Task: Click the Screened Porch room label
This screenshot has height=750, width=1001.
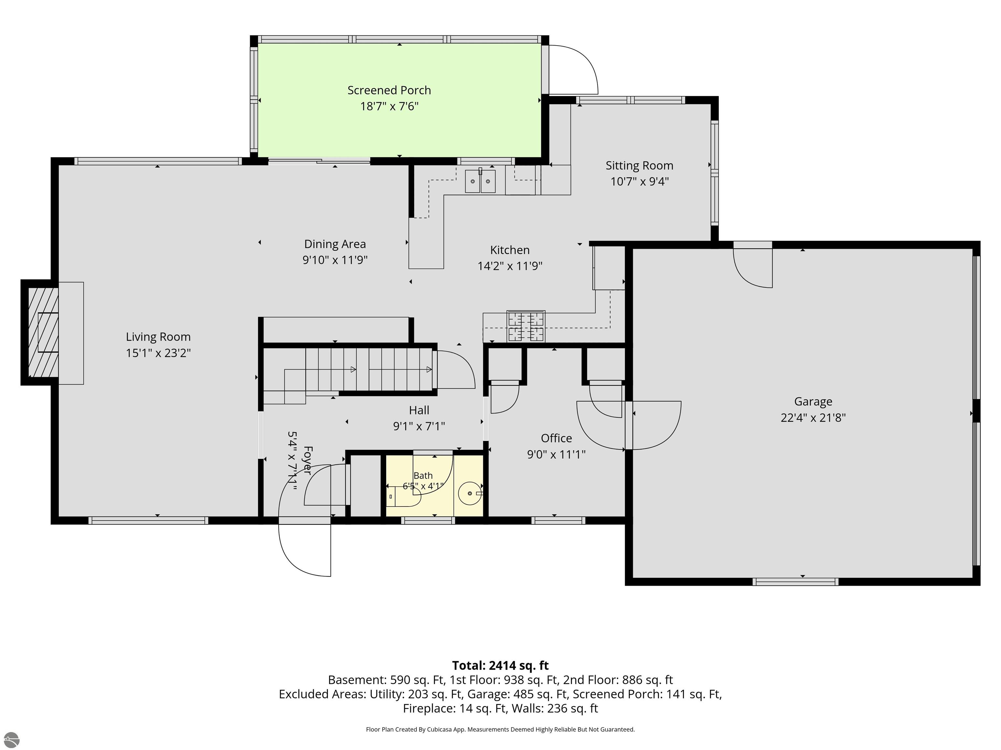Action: [389, 90]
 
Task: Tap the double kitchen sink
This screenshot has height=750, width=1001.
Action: [480, 181]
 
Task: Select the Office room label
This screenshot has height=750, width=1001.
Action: [556, 438]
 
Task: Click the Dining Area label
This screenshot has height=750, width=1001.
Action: [335, 244]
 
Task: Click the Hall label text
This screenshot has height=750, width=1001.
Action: [419, 410]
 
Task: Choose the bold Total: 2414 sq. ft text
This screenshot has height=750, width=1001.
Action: [500, 665]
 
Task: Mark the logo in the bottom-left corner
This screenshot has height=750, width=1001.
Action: [11, 740]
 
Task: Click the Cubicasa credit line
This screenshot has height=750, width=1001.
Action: [500, 729]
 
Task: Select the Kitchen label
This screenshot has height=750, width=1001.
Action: [510, 250]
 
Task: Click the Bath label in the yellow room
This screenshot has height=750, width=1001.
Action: [423, 476]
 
